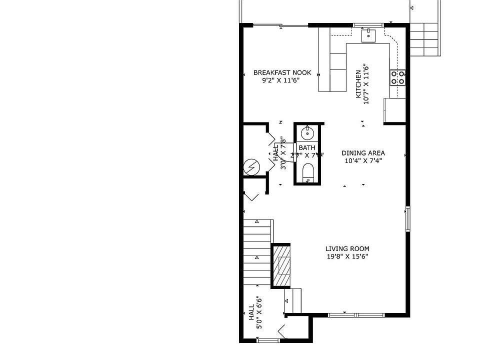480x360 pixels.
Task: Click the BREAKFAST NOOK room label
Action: [282, 72]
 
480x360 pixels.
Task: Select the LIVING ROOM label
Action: [347, 249]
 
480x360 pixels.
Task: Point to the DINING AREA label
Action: [363, 153]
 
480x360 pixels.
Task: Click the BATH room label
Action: [307, 148]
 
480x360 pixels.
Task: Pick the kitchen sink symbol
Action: [368, 35]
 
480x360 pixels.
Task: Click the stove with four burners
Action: [398, 77]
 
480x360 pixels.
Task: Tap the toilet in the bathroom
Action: [307, 173]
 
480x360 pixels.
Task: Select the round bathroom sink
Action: [306, 133]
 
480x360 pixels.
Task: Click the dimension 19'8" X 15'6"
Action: [347, 257]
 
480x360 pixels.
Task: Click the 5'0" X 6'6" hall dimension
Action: [259, 312]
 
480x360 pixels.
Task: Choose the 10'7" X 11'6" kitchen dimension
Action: [366, 84]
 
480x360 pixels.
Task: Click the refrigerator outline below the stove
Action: [394, 110]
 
